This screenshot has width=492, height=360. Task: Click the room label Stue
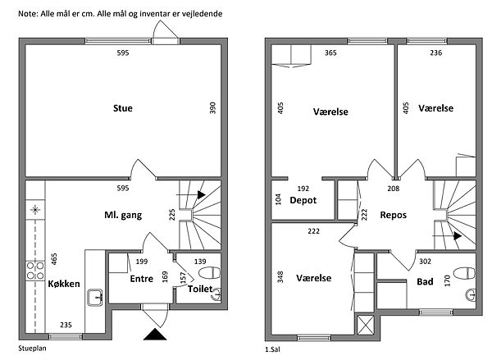point(123,107)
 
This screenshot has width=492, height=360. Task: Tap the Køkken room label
point(63,284)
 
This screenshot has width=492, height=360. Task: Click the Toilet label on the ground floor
point(201,289)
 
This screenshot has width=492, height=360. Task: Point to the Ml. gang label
point(125,216)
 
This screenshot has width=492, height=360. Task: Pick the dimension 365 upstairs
point(331,53)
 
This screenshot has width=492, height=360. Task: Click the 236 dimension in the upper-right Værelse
point(435,53)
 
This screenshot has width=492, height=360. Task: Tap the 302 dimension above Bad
point(425,262)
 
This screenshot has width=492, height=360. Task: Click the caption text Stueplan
point(34,349)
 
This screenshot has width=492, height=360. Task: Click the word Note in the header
point(27,15)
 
